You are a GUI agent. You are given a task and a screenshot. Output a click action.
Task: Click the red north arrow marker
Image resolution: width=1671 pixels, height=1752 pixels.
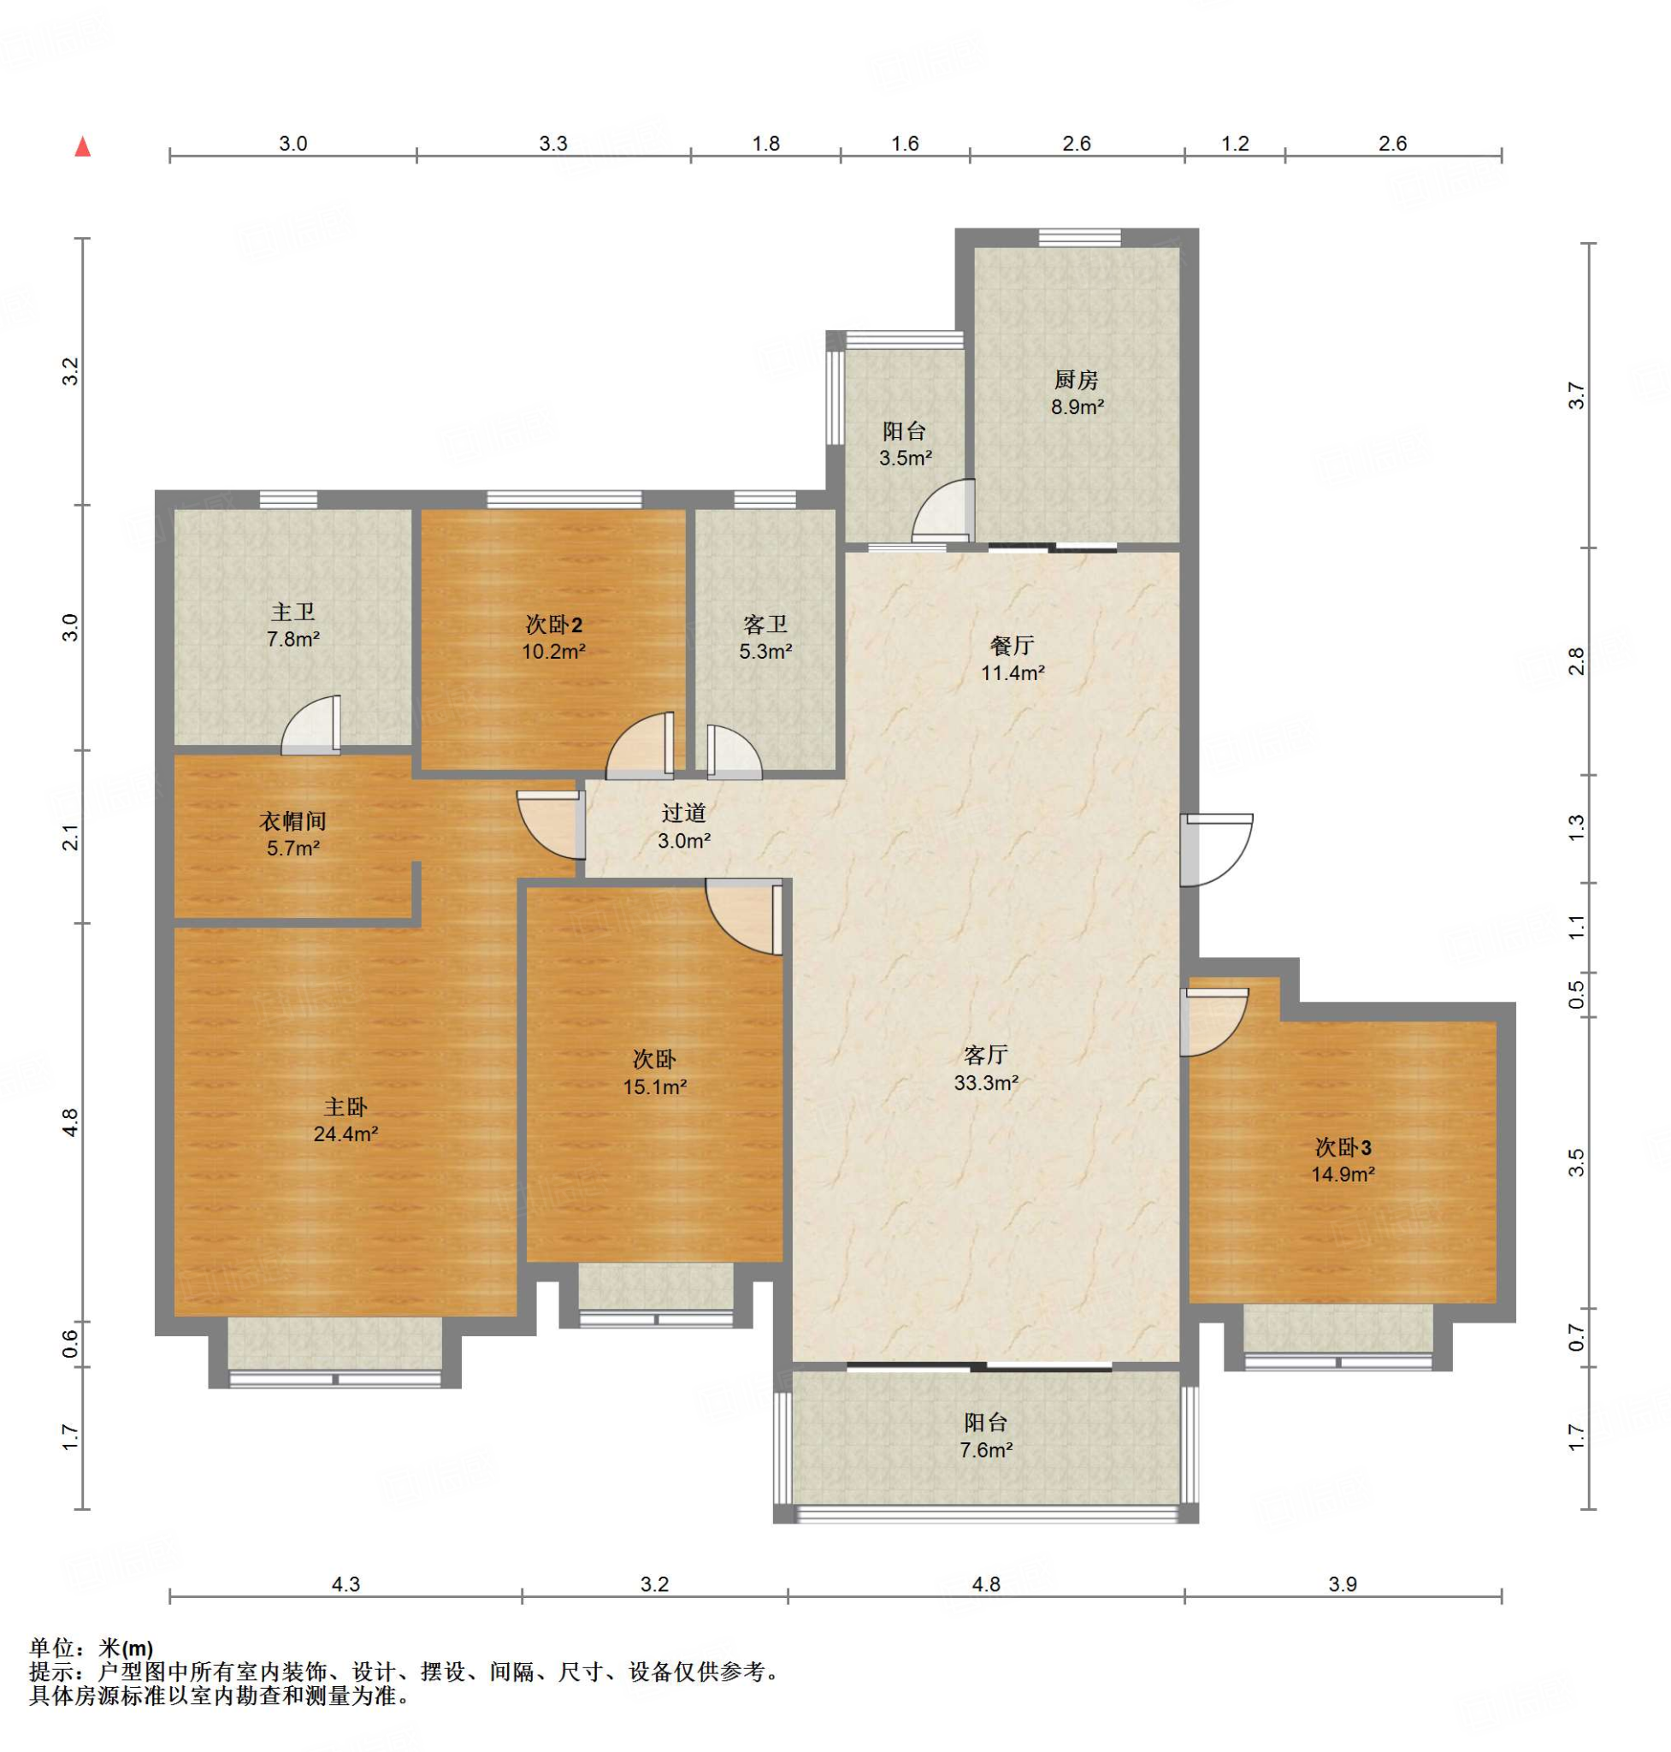pos(83,146)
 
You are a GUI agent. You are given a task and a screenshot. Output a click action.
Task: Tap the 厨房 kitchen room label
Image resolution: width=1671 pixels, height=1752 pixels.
pos(1076,381)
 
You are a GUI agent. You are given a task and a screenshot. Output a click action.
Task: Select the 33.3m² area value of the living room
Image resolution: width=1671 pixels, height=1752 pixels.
pos(986,1083)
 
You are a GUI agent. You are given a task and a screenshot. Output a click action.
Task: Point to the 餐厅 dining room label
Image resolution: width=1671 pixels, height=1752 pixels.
pos(1012,645)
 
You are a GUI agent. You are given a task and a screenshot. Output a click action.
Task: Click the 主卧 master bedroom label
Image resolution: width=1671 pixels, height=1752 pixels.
pos(345,1107)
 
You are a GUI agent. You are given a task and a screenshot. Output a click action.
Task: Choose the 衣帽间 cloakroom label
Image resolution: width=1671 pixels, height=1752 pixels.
pos(293,820)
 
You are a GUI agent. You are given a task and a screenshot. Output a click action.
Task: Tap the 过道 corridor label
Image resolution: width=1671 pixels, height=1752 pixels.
pos(683,813)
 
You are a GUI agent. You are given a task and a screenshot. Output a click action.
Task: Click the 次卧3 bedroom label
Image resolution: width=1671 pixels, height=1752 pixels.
pos(1343,1148)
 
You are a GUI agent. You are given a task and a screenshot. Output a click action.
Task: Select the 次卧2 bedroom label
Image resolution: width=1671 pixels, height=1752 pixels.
pos(553,624)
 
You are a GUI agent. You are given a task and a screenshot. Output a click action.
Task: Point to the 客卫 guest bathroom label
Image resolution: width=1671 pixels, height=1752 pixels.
pos(765,624)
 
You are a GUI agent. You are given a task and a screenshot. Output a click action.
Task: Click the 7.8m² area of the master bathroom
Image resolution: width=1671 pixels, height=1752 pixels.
pos(293,639)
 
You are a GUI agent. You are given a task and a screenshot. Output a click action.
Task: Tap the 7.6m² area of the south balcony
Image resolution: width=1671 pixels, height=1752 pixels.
pos(986,1450)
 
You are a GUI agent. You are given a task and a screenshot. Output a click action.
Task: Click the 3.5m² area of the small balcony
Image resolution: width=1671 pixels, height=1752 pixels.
pos(905,459)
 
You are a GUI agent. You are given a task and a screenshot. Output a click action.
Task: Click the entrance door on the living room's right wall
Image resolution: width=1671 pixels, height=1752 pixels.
pos(1217,849)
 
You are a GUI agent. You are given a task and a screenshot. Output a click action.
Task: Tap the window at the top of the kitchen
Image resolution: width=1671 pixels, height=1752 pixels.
pos(1078,237)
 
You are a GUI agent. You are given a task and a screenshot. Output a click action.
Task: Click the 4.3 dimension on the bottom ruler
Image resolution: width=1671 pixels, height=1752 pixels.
pos(345,1584)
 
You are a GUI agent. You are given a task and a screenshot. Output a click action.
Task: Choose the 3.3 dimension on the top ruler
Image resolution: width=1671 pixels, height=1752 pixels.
pos(553,144)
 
